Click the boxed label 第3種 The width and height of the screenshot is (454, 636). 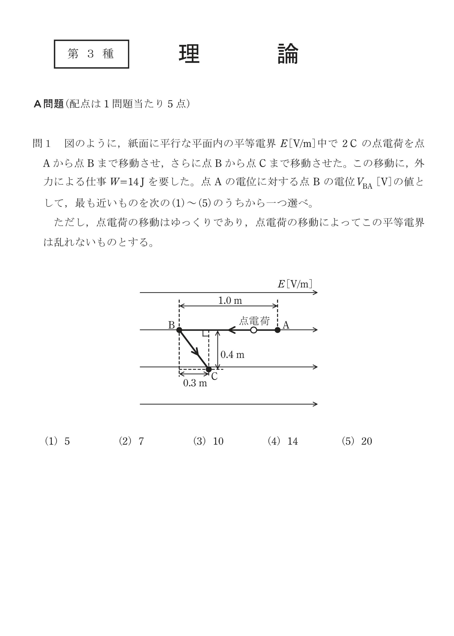91,54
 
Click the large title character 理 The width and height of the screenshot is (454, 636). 189,54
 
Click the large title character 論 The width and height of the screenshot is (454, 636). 288,54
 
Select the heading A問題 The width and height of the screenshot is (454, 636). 49,104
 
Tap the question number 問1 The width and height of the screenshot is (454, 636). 41,144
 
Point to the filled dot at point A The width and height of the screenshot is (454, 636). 277,330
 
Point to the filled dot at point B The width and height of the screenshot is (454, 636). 179,330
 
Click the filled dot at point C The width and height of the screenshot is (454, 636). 209,369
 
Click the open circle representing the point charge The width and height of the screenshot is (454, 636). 254,330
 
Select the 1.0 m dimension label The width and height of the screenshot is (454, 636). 230,301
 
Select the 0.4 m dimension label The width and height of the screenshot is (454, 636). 232,355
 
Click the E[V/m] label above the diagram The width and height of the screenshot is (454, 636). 295,284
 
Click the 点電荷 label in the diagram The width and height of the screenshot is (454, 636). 254,321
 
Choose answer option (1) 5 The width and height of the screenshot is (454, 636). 57,441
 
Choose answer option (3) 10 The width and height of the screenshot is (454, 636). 209,441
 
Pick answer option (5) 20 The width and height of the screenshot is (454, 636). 357,441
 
